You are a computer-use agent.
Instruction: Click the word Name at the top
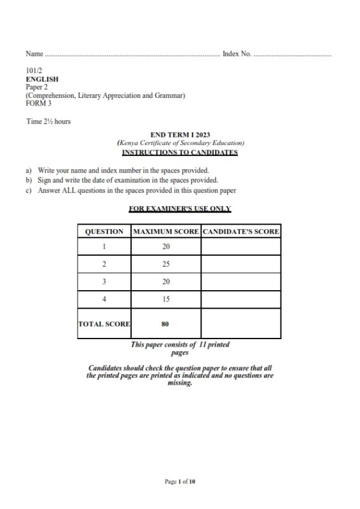point(34,54)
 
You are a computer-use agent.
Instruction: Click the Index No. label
point(237,54)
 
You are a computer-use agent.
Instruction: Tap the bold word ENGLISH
point(42,80)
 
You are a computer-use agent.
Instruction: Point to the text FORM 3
point(38,104)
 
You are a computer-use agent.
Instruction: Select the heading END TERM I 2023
point(179,135)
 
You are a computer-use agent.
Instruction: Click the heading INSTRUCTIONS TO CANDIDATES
point(179,153)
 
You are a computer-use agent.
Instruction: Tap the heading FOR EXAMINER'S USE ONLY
point(179,209)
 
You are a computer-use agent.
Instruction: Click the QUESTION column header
point(104,232)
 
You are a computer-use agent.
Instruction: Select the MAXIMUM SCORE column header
point(165,232)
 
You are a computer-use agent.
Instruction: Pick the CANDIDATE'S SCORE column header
point(240,232)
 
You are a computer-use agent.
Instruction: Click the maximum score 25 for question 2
point(165,264)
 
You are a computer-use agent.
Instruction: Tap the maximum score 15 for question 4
point(165,299)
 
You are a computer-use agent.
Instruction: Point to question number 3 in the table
point(104,281)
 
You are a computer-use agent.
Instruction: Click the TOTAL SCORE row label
point(104,324)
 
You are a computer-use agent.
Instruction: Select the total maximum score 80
point(165,324)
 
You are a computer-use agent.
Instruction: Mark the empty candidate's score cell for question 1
point(240,247)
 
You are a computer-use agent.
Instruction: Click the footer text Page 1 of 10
point(180,482)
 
